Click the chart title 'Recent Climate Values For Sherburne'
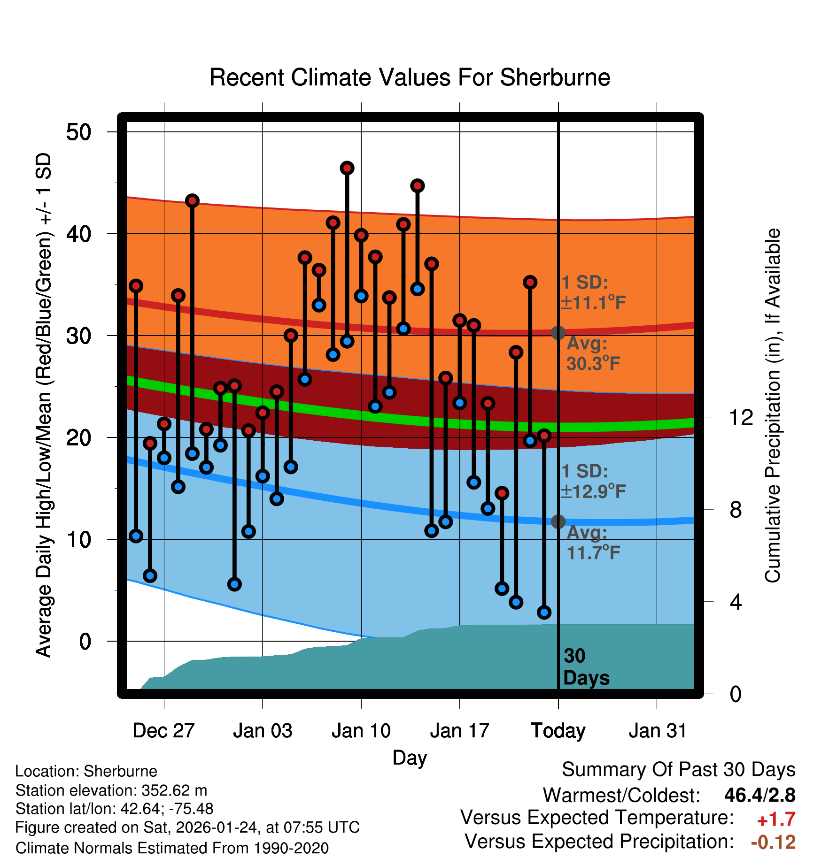pyautogui.click(x=410, y=77)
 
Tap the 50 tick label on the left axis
pyautogui.click(x=79, y=132)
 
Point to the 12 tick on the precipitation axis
pyautogui.click(x=741, y=417)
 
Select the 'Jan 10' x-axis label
pyautogui.click(x=361, y=731)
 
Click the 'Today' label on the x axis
pyautogui.click(x=558, y=731)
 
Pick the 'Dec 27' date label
pyautogui.click(x=163, y=731)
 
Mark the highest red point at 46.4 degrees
pyautogui.click(x=347, y=168)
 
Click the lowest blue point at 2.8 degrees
pyautogui.click(x=544, y=612)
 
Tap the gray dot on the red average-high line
pyautogui.click(x=558, y=333)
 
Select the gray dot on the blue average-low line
pyautogui.click(x=558, y=521)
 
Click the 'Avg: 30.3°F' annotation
pyautogui.click(x=593, y=353)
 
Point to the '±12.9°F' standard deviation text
pyautogui.click(x=593, y=491)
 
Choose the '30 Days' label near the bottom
pyautogui.click(x=586, y=667)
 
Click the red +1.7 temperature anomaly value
pyautogui.click(x=776, y=820)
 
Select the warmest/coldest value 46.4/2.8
pyautogui.click(x=759, y=795)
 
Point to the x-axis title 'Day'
pyautogui.click(x=410, y=758)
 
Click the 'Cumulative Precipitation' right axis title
pyautogui.click(x=773, y=406)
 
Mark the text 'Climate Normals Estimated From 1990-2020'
pyautogui.click(x=172, y=848)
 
